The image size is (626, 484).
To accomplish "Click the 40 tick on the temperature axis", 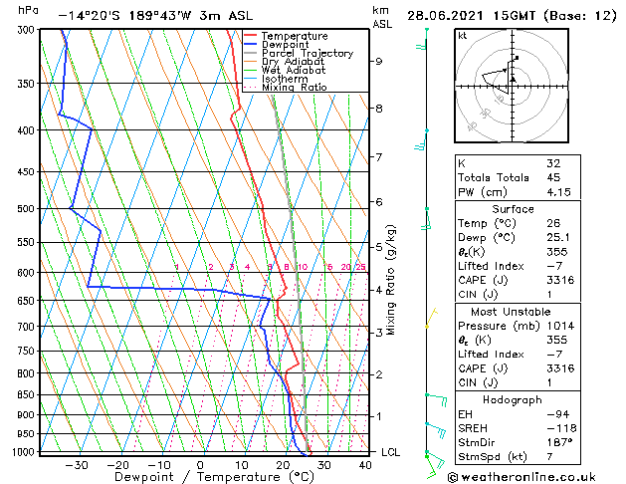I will click(x=365, y=464).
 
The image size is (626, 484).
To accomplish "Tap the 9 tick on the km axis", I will click(x=379, y=62).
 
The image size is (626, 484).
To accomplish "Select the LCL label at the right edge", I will click(x=391, y=452).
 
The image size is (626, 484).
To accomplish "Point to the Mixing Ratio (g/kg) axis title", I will click(x=392, y=280).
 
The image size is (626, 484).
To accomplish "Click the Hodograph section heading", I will click(x=513, y=399).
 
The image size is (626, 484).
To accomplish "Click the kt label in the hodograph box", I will click(x=462, y=35).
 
